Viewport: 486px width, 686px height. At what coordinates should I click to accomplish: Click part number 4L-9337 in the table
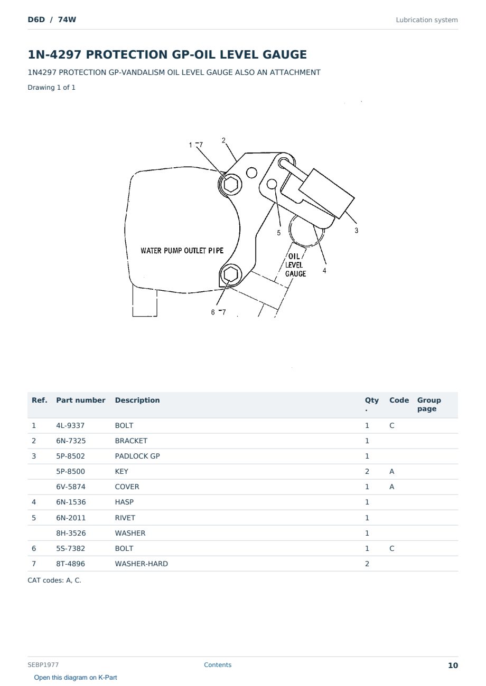70,425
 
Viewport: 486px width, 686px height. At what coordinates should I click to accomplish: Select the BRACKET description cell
131,441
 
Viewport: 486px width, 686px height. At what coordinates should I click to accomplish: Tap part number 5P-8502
70,456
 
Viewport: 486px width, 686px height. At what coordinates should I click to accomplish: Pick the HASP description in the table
124,502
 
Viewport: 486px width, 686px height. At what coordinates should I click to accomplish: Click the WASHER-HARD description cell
142,564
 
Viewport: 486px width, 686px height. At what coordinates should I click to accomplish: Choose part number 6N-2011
71,518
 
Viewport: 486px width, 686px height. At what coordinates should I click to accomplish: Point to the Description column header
137,400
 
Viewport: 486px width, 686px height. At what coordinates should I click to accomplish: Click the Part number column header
81,400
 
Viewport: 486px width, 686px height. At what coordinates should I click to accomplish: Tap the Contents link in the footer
218,664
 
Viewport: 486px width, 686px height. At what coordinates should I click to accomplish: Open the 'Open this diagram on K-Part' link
76,677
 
